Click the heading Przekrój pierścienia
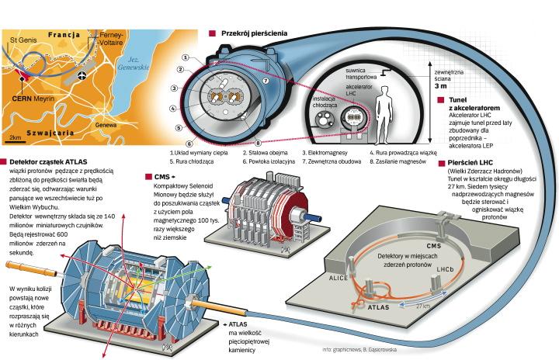coord(253,34)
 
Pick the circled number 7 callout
coord(266,80)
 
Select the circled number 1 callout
coord(186,57)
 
